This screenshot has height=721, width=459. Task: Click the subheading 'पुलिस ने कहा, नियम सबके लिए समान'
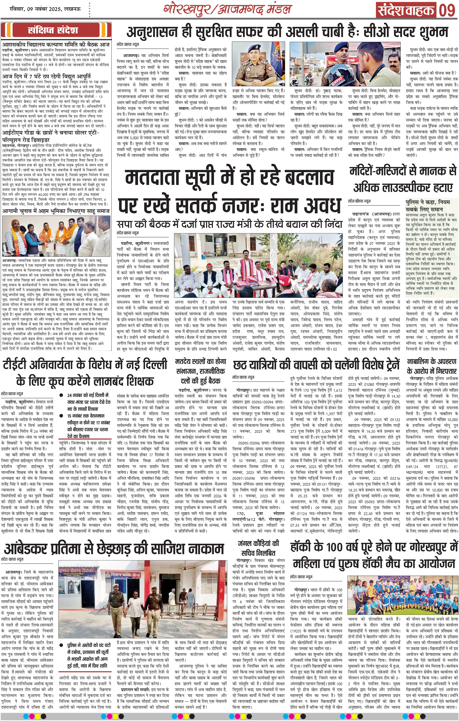coord(428,206)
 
